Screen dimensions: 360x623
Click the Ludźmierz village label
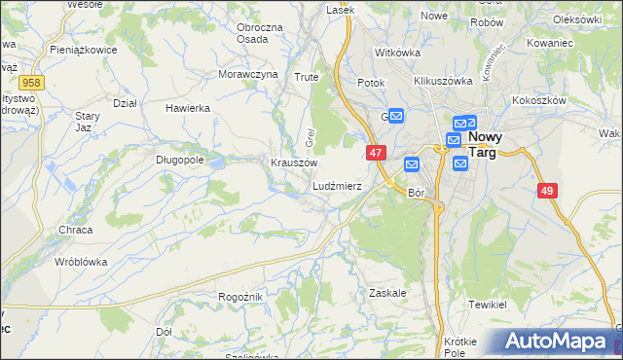337,185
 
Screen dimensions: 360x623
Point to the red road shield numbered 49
546,192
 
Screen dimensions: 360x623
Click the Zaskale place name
387,292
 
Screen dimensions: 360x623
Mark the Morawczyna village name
247,74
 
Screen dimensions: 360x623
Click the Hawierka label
189,108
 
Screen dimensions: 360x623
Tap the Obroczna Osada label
260,33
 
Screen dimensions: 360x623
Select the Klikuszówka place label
443,82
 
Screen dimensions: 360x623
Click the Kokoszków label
537,100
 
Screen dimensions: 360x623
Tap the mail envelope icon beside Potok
397,115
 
